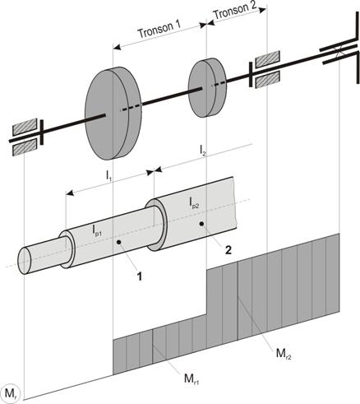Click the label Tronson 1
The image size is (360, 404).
point(159,29)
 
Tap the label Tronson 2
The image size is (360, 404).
point(235,11)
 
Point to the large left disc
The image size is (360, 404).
point(113,114)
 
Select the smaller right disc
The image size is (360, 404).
point(208,88)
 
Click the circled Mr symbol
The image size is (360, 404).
point(10,393)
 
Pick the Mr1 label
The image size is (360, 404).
point(192,379)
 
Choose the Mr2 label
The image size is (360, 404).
point(284,354)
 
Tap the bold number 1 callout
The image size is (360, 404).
point(140,276)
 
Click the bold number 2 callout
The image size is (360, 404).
point(228,250)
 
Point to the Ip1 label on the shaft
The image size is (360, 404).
point(97,230)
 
